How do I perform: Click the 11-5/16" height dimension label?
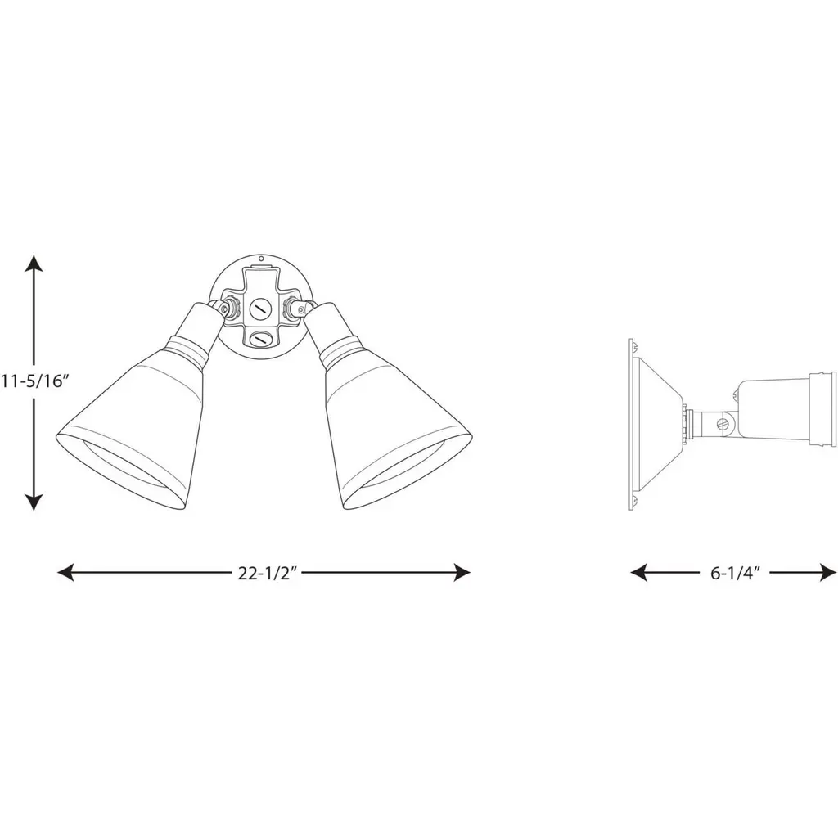coord(35,381)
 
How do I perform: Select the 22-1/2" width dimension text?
coord(268,574)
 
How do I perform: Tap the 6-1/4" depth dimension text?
coord(735,574)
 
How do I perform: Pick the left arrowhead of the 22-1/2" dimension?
coord(65,573)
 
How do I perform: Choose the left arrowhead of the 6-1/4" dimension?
coord(638,573)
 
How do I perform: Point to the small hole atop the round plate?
coord(261,259)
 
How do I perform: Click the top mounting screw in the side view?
coord(634,347)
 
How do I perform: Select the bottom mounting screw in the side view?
coord(634,501)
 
